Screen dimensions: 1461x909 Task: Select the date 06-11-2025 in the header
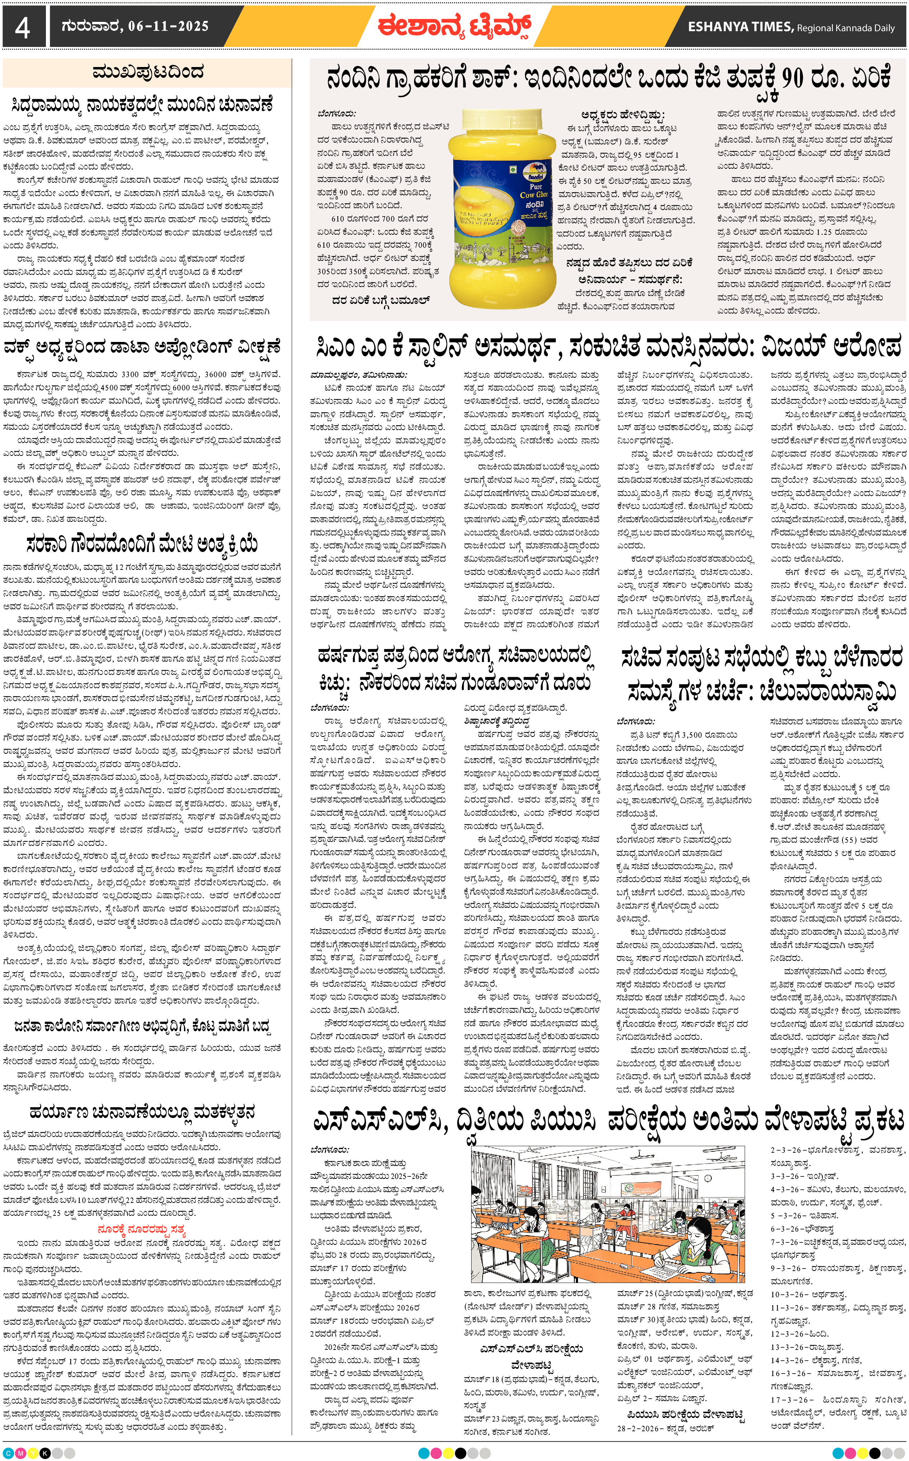click(x=168, y=27)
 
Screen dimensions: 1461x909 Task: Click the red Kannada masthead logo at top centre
click(x=454, y=27)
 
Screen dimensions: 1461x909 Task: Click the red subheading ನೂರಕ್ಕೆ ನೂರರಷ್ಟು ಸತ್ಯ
click(x=142, y=1229)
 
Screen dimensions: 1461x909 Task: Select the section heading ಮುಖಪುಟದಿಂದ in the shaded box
click(x=147, y=73)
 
